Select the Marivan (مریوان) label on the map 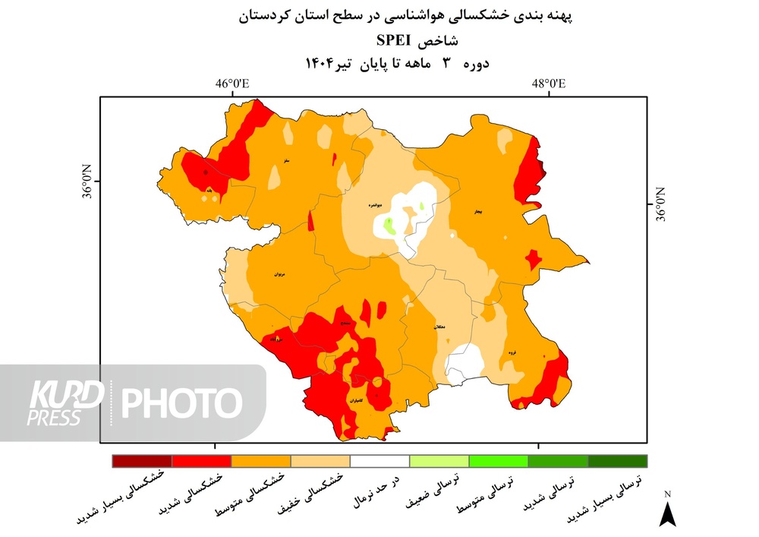tap(278, 273)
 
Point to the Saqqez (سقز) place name tap(286, 161)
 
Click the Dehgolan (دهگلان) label tap(439, 327)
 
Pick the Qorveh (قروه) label tap(512, 352)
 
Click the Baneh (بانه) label tap(209, 190)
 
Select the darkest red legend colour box tap(141, 461)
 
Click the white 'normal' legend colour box tap(379, 461)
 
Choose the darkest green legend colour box tap(618, 461)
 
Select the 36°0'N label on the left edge tap(87, 182)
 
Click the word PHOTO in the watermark tap(182, 403)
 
